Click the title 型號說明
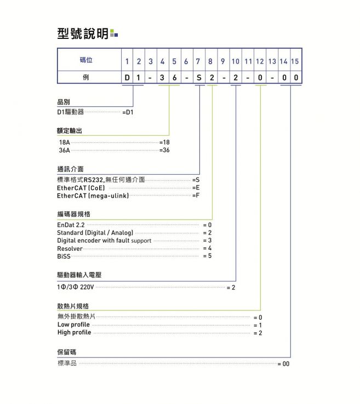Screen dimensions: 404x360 [83, 33]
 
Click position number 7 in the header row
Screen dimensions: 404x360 [198, 61]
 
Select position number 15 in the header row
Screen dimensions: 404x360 [295, 61]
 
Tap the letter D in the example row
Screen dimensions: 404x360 [127, 78]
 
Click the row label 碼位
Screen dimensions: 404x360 [86, 60]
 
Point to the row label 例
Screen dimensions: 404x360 [86, 77]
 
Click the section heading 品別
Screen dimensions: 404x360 [64, 102]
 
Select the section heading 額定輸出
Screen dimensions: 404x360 [70, 131]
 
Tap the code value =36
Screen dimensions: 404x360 [164, 149]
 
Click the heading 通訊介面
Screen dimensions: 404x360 [70, 169]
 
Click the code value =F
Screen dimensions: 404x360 [196, 195]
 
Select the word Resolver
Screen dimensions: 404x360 [70, 248]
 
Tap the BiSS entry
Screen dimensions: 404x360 [64, 256]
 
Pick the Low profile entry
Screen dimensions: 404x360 [73, 325]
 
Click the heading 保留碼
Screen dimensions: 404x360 [67, 351]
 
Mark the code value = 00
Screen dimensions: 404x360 [283, 363]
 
